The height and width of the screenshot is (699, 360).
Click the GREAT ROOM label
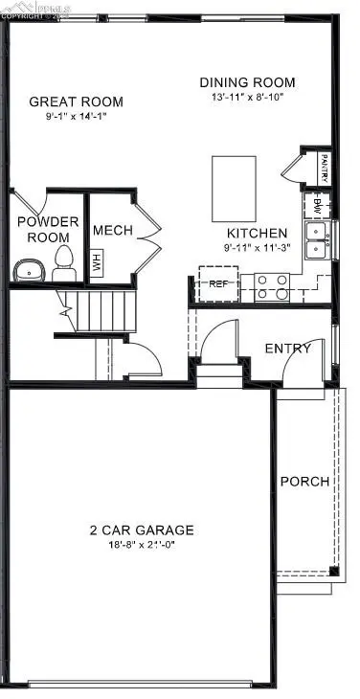click(76, 101)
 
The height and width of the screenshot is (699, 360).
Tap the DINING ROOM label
click(247, 82)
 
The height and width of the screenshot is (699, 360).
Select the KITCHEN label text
click(256, 233)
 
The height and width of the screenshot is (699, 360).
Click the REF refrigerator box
click(217, 283)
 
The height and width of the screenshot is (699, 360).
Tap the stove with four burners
click(271, 286)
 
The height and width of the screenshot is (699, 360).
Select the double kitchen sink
click(316, 240)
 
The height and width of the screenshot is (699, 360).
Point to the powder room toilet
click(64, 262)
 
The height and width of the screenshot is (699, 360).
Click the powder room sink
click(30, 269)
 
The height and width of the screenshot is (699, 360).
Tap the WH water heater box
click(96, 261)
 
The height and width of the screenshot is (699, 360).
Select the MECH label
click(112, 231)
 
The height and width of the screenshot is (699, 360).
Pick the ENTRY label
click(287, 349)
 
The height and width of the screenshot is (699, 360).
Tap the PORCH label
click(304, 482)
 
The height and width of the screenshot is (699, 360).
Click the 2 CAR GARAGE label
click(142, 530)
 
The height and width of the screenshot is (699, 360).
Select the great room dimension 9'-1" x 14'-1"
click(76, 117)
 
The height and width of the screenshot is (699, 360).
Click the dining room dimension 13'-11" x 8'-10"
click(247, 97)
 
